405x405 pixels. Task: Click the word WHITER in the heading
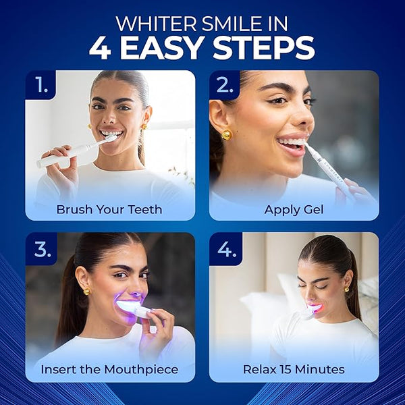point(156,24)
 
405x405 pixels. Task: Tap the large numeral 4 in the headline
point(100,48)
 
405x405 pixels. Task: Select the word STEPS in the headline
point(263,48)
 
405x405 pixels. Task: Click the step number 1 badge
point(40,85)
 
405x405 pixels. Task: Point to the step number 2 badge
point(224,85)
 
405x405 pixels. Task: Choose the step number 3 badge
point(41,248)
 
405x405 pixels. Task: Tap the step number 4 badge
point(225,249)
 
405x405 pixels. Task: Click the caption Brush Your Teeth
point(109,209)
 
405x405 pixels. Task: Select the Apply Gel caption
point(294,210)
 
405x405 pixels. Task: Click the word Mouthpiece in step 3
point(141,369)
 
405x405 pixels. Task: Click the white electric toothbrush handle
point(67,155)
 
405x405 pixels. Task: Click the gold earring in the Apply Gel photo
point(227,134)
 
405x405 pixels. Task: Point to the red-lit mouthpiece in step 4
point(315,309)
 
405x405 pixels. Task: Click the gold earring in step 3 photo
point(87,292)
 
